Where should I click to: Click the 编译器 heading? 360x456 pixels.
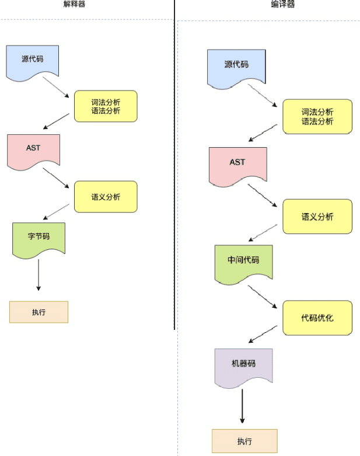click(x=283, y=5)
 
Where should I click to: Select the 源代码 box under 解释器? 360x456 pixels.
click(x=33, y=61)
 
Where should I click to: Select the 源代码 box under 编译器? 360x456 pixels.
click(x=236, y=67)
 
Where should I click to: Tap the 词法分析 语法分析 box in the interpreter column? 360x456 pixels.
click(x=106, y=106)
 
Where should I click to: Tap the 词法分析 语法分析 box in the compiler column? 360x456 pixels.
click(x=317, y=117)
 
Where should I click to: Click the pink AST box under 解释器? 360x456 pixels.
click(x=33, y=150)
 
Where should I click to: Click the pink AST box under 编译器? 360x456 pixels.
click(x=237, y=164)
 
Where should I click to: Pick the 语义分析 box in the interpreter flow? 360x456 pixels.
click(x=106, y=197)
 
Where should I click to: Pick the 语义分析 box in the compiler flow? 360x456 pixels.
click(x=317, y=217)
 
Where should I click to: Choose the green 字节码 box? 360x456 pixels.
click(x=39, y=237)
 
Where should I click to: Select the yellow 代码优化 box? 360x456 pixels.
click(x=317, y=318)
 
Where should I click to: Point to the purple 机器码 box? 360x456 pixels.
click(x=243, y=366)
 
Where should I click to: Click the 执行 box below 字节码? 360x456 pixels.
click(x=39, y=312)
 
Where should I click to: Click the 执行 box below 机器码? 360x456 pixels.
click(x=244, y=441)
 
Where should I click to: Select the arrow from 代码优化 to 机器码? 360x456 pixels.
click(x=263, y=335)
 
